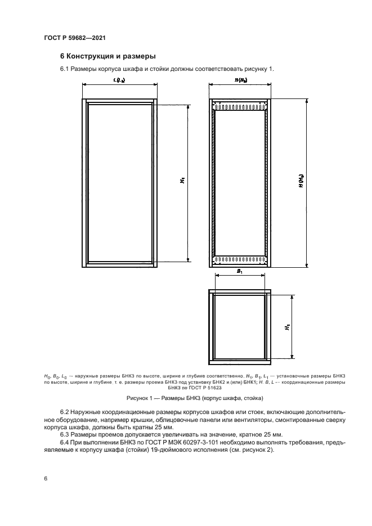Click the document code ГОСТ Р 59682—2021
75,38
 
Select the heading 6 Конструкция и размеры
107,56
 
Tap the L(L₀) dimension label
119,81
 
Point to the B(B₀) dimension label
240,81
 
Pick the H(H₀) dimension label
302,182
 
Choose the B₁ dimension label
240,271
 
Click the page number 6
45,478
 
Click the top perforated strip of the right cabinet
240,106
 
